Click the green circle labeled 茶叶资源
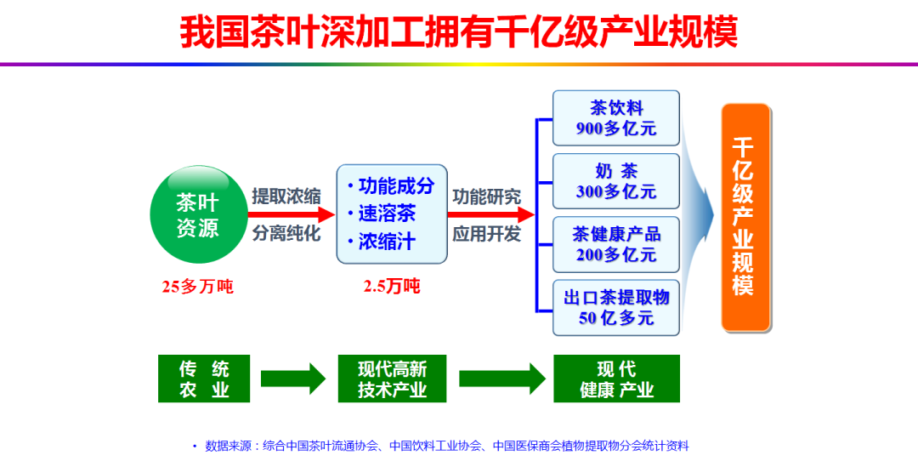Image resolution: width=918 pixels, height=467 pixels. click(x=197, y=214)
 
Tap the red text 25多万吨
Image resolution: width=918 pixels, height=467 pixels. click(x=197, y=287)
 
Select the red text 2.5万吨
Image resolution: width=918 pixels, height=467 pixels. click(x=391, y=287)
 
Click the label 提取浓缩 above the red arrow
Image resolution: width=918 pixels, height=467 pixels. click(x=286, y=196)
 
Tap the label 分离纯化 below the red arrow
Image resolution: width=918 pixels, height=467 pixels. click(x=286, y=233)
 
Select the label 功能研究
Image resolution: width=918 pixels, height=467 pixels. click(x=486, y=196)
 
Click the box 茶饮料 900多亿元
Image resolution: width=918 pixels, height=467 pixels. click(x=616, y=118)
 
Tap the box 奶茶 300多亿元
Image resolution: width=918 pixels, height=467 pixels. click(x=616, y=180)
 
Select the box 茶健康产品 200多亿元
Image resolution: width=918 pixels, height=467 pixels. click(x=616, y=243)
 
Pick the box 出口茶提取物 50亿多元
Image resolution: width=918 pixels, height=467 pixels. click(x=616, y=307)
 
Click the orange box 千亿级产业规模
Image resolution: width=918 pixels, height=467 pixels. click(x=745, y=217)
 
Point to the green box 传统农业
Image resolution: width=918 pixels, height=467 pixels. click(x=204, y=379)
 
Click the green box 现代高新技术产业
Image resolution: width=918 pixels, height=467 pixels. click(x=392, y=379)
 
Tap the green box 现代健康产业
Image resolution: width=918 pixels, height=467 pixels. click(x=616, y=379)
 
